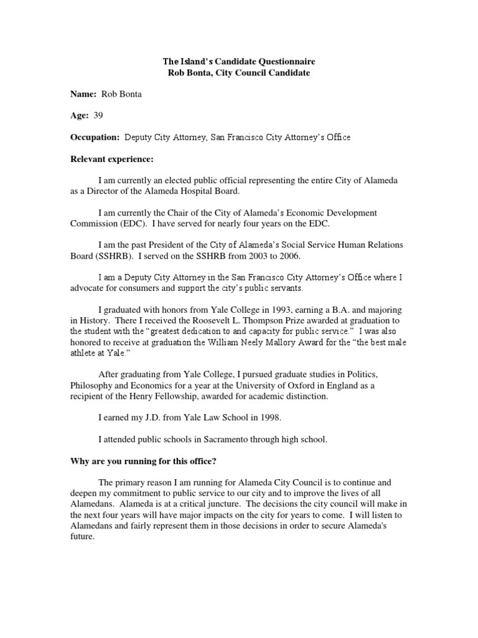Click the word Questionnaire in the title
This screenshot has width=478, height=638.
tap(281, 62)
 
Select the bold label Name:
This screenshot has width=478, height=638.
tap(83, 93)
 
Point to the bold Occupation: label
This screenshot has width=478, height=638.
tap(95, 137)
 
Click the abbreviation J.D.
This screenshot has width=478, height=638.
tap(155, 418)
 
